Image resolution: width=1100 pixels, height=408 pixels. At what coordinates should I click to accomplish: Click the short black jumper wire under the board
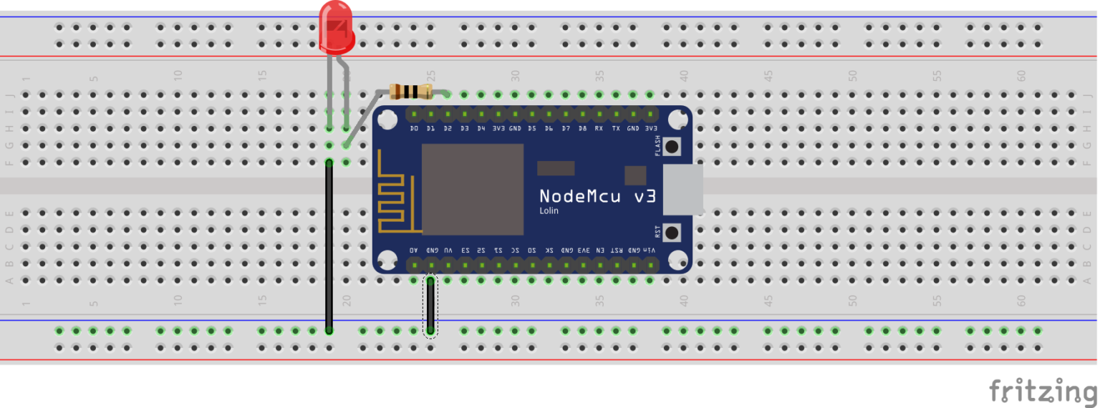point(430,306)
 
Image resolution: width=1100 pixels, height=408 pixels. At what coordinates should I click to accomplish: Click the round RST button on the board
point(672,233)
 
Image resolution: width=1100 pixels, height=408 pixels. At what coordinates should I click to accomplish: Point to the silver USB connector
point(682,190)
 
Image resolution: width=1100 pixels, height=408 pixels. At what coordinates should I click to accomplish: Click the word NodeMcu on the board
point(579,196)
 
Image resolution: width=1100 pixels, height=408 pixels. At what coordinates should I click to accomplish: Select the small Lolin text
point(549,211)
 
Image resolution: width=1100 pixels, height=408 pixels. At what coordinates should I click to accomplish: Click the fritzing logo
point(1043,391)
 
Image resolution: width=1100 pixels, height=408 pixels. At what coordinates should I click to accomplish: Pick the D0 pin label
point(414,129)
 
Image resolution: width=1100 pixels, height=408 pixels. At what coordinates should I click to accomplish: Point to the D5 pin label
point(532,129)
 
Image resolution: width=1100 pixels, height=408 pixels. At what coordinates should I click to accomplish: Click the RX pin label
point(599,129)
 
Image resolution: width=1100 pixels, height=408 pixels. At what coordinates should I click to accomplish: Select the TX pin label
point(616,129)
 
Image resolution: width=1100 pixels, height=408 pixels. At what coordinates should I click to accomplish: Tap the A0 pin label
point(413,251)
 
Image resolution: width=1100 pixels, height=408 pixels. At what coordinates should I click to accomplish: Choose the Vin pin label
point(650,251)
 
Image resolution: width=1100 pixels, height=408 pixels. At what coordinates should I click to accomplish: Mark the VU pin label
point(448,251)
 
